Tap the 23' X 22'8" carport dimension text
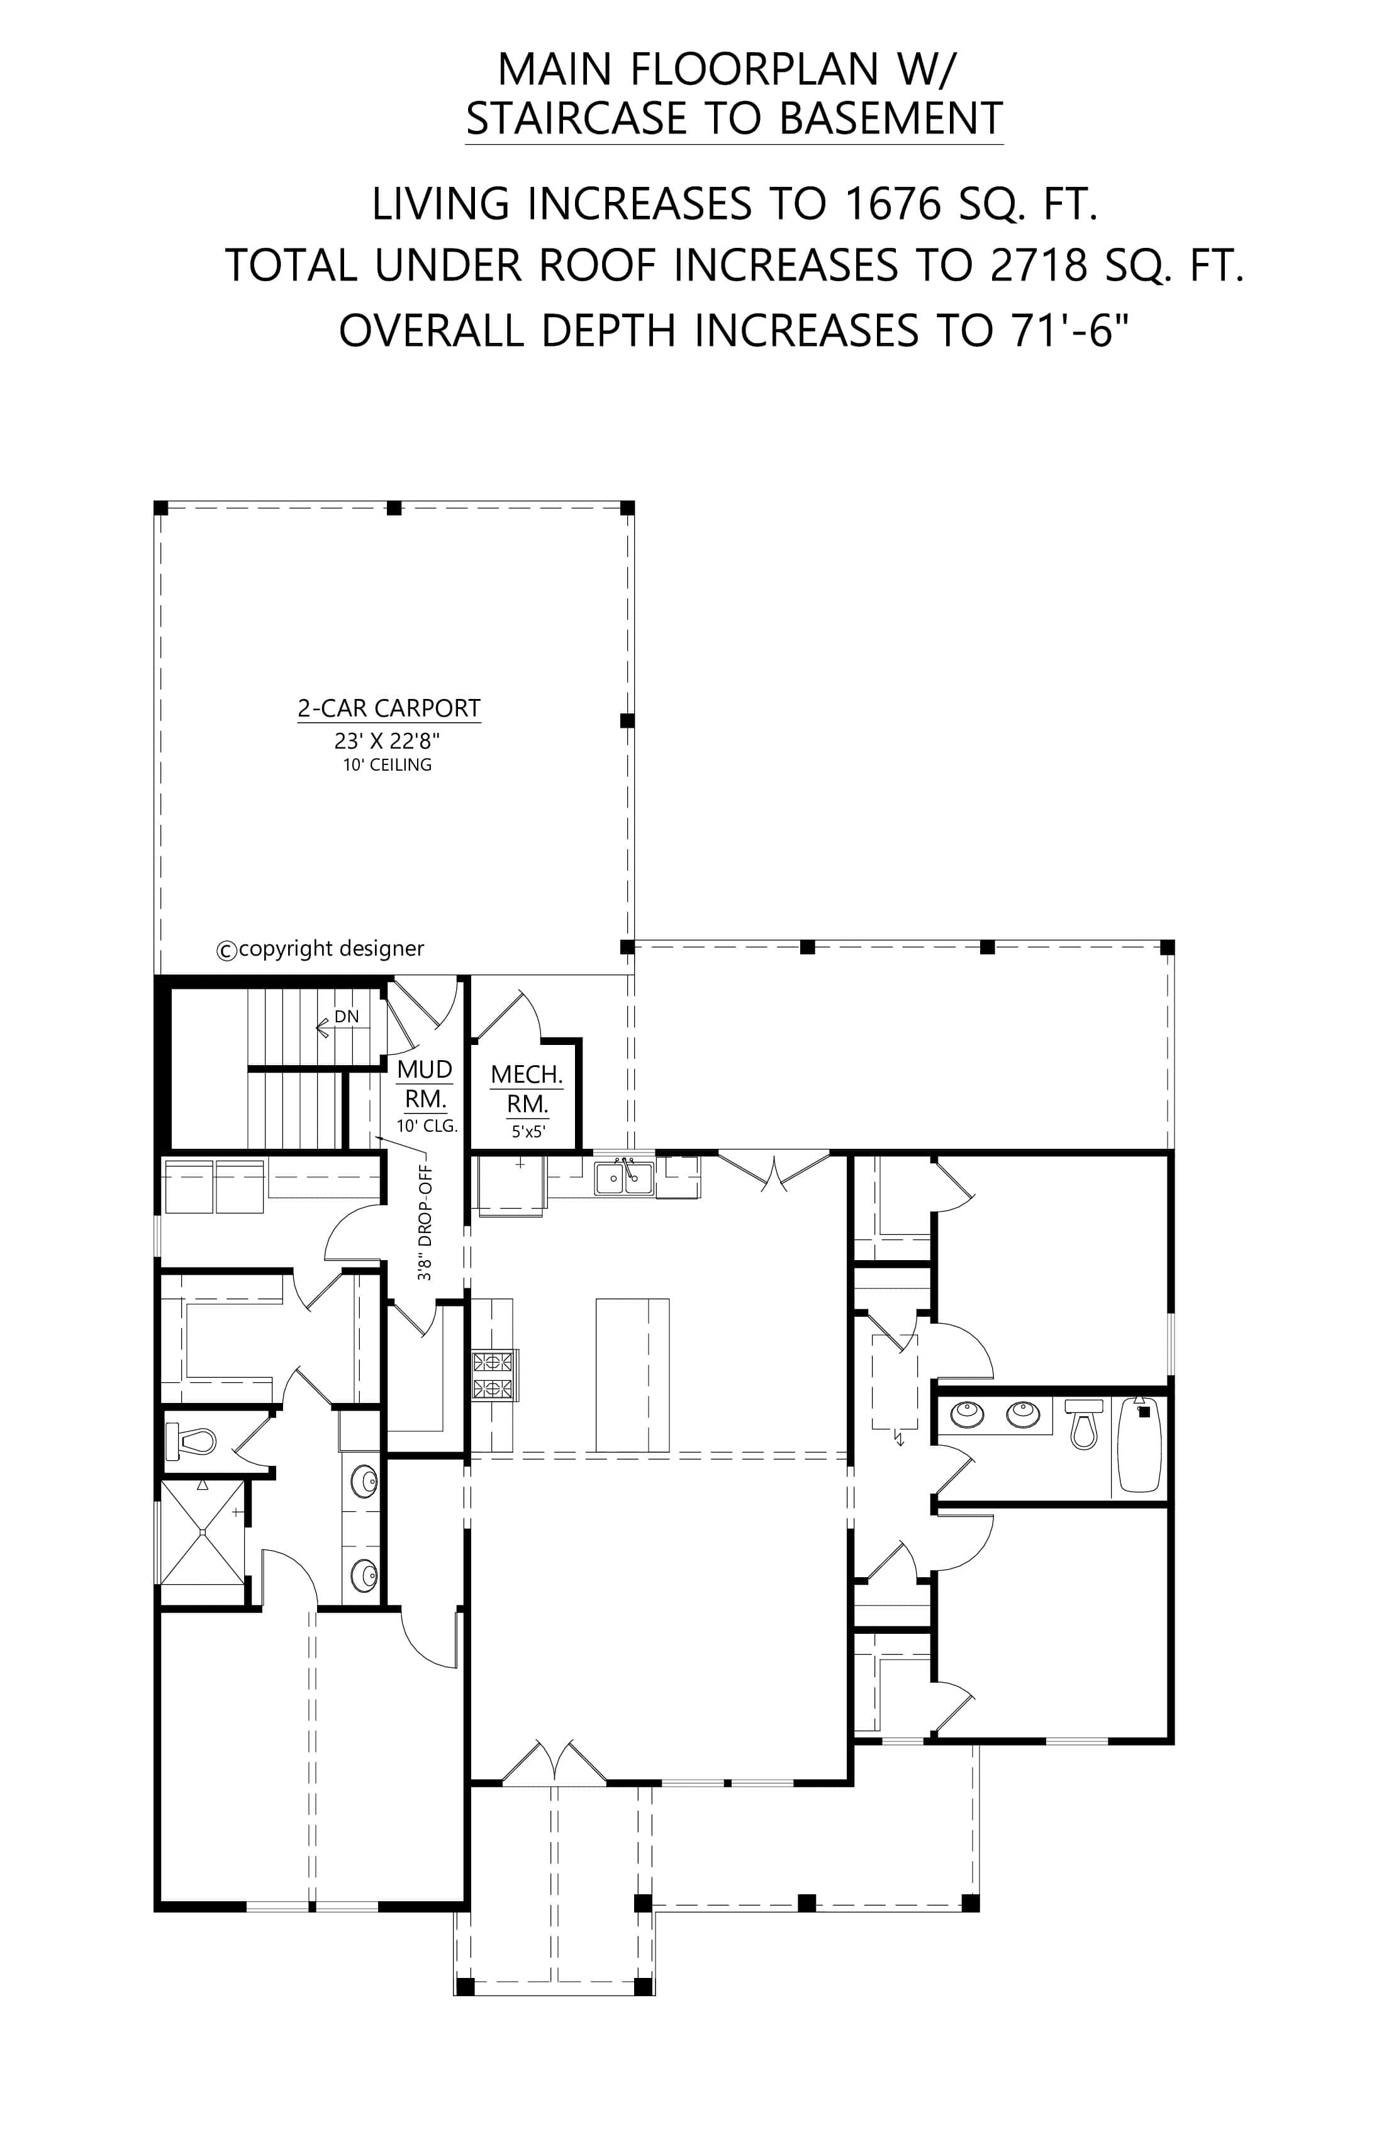click(x=388, y=742)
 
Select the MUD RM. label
click(x=425, y=1084)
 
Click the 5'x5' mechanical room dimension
click(x=529, y=1132)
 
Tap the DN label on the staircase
click(x=346, y=1017)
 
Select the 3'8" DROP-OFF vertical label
click(x=425, y=1223)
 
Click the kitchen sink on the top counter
click(x=625, y=1178)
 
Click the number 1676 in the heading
click(x=893, y=205)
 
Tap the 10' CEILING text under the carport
click(x=388, y=765)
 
